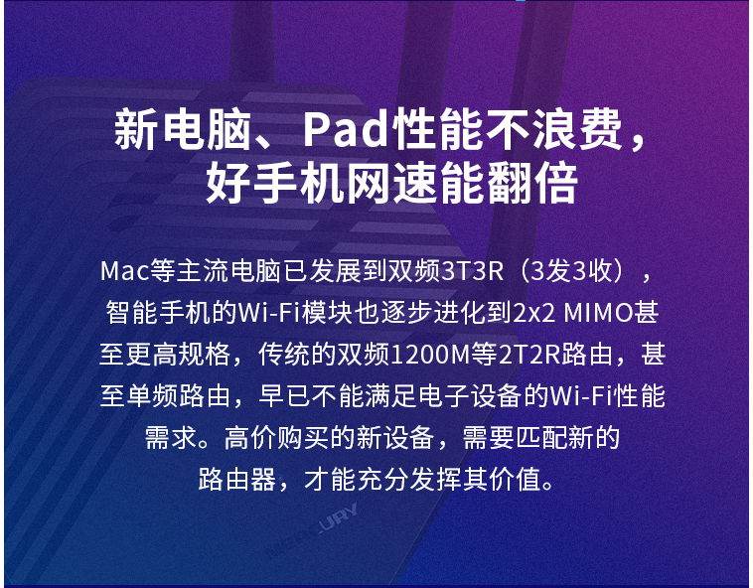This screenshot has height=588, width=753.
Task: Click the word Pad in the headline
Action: (346, 129)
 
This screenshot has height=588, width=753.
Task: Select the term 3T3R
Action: (473, 271)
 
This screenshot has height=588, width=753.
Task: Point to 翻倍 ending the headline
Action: (532, 184)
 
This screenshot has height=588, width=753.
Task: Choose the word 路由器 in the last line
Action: (237, 479)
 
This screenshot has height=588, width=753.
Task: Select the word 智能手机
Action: (158, 313)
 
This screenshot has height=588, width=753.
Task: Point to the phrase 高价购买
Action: (276, 437)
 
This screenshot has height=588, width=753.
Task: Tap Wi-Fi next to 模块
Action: (269, 313)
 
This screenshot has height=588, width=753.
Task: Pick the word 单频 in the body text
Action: (152, 396)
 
